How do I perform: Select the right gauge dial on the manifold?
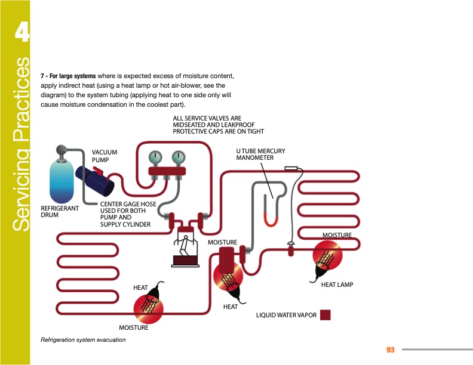coord(177,158)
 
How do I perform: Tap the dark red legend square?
coord(325,315)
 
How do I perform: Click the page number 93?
coord(391,349)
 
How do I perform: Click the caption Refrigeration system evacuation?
coord(82,340)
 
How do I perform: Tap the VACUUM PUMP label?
coord(104,156)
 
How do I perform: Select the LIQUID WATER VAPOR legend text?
coord(286,315)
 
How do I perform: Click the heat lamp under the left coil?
coord(153,303)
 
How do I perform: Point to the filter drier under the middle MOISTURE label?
coord(228,259)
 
